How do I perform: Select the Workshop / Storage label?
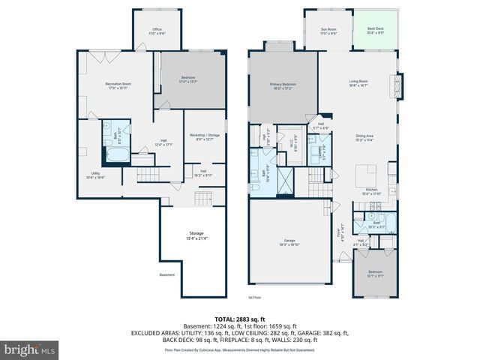tap(204, 136)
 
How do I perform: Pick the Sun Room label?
tap(328, 31)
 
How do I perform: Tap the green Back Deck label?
tap(376, 31)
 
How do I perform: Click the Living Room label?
tap(358, 85)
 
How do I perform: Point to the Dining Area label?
tap(364, 136)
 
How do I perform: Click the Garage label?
tap(289, 242)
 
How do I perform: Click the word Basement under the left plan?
tap(167, 274)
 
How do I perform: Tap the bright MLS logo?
tap(30, 349)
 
